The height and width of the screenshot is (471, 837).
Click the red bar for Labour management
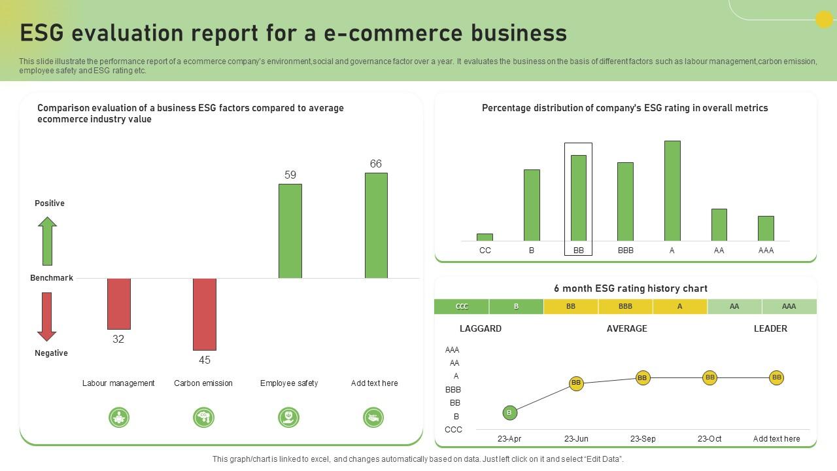[x=118, y=304]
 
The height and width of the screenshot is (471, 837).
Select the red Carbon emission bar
[x=204, y=314]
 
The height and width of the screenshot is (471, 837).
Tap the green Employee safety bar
[x=290, y=231]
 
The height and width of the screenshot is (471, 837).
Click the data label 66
[x=375, y=164]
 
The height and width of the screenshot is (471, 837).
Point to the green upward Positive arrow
[x=47, y=241]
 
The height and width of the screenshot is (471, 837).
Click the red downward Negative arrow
[x=47, y=317]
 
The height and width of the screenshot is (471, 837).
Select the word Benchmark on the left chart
[x=52, y=278]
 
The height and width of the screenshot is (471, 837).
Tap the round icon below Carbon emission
[x=203, y=417]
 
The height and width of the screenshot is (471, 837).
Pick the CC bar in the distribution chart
[x=485, y=237]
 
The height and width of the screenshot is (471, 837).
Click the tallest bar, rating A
[x=672, y=190]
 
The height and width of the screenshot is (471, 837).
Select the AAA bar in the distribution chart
[x=766, y=228]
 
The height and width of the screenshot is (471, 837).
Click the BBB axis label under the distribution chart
[x=625, y=251]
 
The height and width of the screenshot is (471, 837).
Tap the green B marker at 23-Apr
[x=510, y=412]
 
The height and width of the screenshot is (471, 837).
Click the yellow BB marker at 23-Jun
[x=576, y=383]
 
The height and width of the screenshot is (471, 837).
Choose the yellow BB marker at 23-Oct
[x=710, y=377]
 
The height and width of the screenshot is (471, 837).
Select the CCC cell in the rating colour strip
[x=461, y=306]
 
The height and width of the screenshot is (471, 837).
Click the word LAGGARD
[x=481, y=328]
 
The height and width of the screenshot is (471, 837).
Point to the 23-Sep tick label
[x=643, y=439]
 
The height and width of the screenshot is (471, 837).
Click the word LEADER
[x=770, y=328]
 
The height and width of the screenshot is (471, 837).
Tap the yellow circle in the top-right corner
[x=824, y=20]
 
